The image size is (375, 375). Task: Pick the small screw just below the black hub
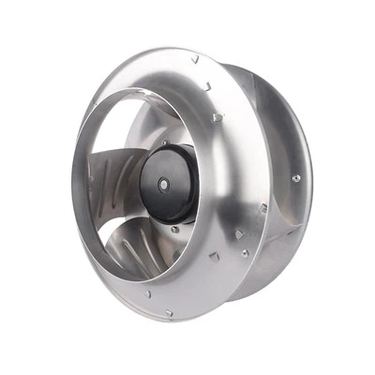[174, 229]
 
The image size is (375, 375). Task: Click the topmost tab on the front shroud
[195, 59]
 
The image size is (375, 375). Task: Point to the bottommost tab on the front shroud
[170, 312]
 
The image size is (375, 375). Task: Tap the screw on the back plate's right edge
[296, 178]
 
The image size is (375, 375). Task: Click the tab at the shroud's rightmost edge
[263, 208]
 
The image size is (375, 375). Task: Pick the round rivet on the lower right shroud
[246, 251]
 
